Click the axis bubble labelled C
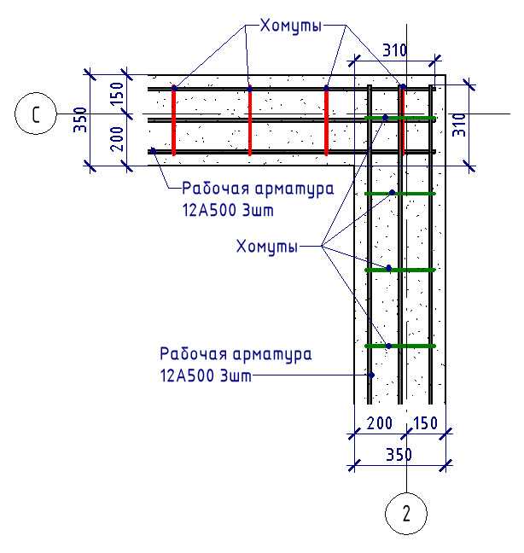[x=36, y=114]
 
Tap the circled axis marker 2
[x=406, y=514]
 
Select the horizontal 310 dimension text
[x=394, y=50]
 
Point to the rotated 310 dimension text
[x=459, y=125]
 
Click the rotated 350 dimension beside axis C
[x=80, y=119]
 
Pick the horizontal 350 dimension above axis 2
[x=399, y=455]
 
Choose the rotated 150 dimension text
[x=118, y=94]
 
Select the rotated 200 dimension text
[x=118, y=138]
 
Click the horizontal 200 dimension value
[x=380, y=423]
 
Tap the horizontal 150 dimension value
[x=425, y=423]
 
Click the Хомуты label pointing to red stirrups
[x=290, y=26]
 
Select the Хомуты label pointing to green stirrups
[x=266, y=246]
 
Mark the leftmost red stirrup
[x=174, y=120]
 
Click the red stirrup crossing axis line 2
[x=403, y=120]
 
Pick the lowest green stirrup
[x=400, y=346]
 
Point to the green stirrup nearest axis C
[x=400, y=118]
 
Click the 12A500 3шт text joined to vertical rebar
[x=206, y=375]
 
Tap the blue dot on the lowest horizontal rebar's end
[x=153, y=150]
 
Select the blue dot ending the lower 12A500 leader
[x=371, y=375]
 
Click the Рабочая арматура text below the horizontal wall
[x=258, y=189]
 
